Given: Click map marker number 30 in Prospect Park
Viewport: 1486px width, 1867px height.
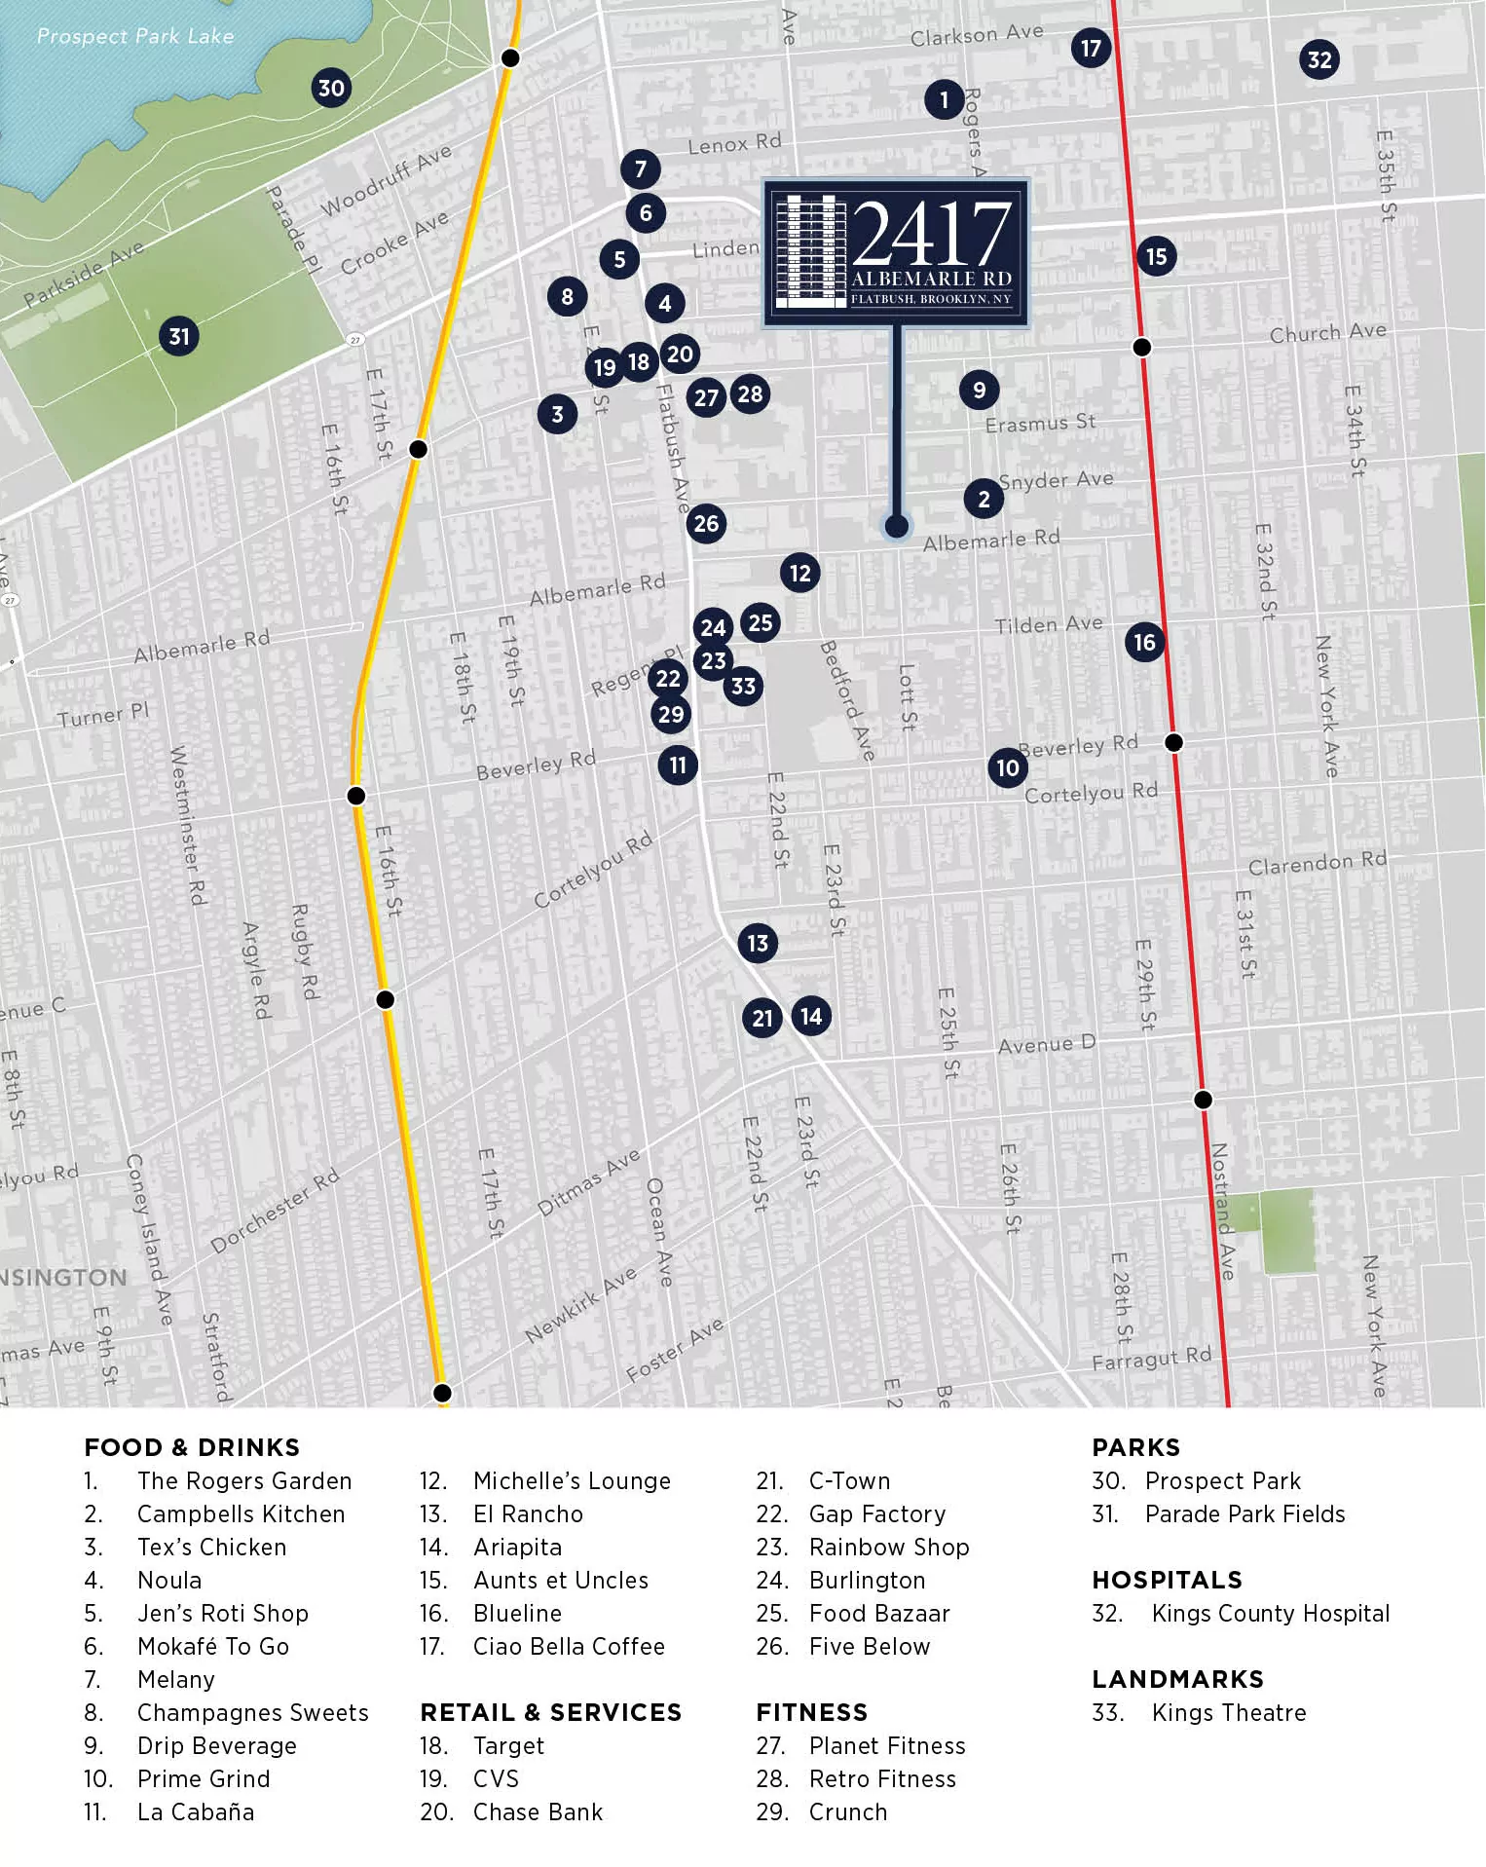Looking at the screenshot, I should pos(331,89).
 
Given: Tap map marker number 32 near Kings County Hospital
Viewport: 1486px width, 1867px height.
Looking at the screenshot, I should pos(1319,60).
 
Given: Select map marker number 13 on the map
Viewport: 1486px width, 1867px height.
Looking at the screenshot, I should pos(758,943).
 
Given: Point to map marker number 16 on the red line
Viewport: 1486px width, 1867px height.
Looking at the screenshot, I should pos(1144,642).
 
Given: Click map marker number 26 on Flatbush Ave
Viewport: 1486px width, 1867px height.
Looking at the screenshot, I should pos(706,524).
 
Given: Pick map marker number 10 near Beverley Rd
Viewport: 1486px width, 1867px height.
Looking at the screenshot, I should pos(1008,768).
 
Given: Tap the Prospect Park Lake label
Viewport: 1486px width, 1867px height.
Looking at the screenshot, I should pos(135,36).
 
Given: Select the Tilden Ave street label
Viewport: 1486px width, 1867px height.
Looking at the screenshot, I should pos(1048,624).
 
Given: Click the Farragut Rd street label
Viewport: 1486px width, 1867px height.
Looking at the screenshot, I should pos(1151,1358).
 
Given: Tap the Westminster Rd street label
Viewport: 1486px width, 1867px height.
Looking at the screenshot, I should pos(188,825).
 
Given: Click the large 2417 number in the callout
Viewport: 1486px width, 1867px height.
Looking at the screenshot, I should pos(932,234).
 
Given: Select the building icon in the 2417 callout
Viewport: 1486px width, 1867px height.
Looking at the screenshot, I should pos(808,251).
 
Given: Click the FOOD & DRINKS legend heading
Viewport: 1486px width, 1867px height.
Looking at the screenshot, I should pos(192,1447).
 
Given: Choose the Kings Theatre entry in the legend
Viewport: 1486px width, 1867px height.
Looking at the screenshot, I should pos(1228,1712).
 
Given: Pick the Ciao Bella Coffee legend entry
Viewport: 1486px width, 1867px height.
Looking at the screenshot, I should pos(569,1646).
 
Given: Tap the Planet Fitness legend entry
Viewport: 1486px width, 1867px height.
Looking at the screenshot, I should pos(887,1745).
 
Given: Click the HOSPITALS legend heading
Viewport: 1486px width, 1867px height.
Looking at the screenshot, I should pos(1167,1580).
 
